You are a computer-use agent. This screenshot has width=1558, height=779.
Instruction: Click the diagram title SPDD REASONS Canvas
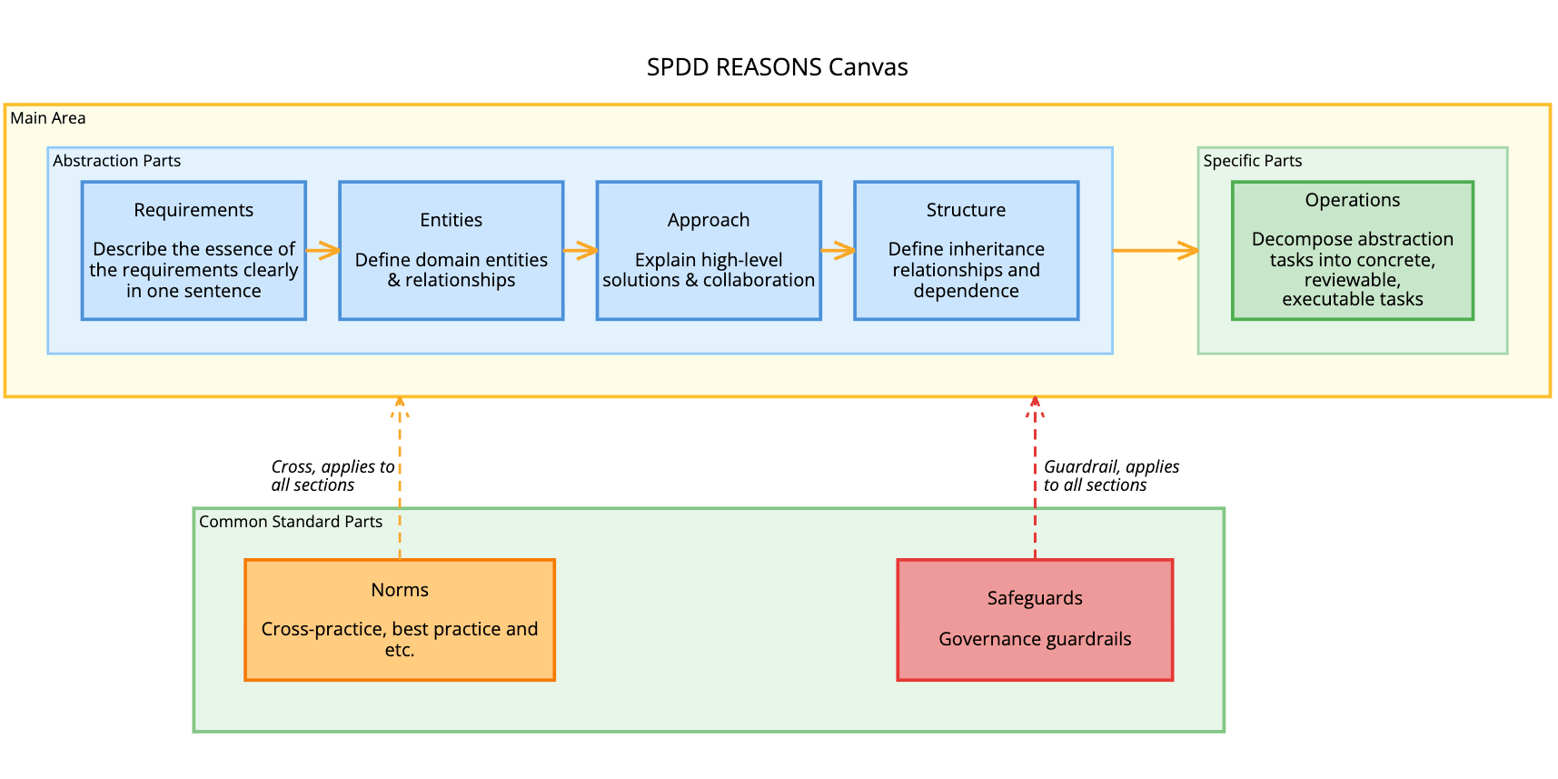click(777, 67)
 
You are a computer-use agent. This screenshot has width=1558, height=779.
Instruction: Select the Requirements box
click(194, 250)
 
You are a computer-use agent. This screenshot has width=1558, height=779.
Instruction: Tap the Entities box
click(452, 250)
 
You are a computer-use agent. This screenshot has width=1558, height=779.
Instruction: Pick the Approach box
click(709, 250)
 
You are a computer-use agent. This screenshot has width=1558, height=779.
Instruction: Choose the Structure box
click(966, 250)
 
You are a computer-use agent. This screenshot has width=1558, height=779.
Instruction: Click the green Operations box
click(1352, 250)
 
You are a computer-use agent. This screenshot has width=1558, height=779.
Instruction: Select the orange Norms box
click(400, 619)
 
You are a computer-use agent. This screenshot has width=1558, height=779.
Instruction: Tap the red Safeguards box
click(1035, 619)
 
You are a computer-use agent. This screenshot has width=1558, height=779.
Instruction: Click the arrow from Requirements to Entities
click(323, 250)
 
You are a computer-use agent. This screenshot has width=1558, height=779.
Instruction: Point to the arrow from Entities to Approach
click(580, 250)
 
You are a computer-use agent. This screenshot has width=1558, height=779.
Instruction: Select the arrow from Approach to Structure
click(838, 250)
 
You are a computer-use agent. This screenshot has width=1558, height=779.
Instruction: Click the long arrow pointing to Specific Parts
click(1155, 250)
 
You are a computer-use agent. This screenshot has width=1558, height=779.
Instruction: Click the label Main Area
click(48, 118)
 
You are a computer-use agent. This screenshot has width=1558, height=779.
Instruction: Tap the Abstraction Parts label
click(116, 161)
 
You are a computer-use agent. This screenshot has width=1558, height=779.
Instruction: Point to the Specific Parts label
click(1252, 161)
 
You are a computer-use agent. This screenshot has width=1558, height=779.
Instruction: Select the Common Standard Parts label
click(291, 522)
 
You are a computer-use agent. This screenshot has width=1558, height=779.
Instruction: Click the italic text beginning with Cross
click(332, 475)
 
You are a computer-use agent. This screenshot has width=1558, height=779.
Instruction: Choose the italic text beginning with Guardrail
click(1110, 475)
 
